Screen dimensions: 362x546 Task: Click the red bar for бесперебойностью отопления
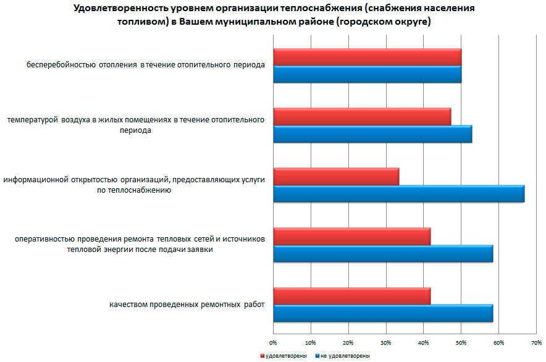point(367,56)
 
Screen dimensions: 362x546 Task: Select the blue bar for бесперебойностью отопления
point(367,74)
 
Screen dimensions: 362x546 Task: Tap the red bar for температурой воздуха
point(362,116)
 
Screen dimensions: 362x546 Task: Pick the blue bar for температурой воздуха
point(372,134)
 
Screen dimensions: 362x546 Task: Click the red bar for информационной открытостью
point(336,176)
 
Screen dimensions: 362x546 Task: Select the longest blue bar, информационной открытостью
point(398,193)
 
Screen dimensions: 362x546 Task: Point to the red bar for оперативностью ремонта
point(351,236)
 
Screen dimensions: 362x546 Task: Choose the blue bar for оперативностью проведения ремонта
point(383,253)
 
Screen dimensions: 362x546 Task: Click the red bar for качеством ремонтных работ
point(351,296)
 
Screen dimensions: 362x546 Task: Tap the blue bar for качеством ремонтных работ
point(383,313)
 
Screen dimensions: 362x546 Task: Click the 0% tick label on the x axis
point(273,342)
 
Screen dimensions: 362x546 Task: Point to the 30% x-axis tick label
point(386,342)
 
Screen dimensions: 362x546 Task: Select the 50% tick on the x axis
point(461,342)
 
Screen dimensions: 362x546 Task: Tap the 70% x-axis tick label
point(536,342)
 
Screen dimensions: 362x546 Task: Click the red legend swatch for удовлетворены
point(263,356)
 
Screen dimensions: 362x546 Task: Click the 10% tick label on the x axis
point(311,342)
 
